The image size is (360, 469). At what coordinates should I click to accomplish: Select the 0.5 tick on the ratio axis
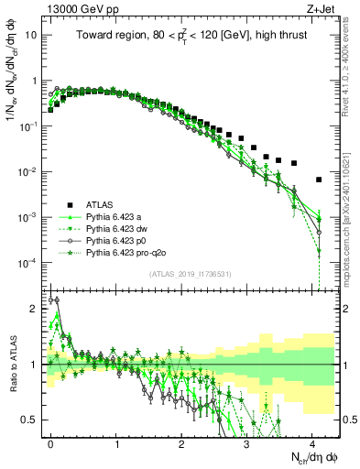click(33, 420)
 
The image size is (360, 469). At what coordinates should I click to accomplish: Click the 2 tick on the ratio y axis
click(37, 309)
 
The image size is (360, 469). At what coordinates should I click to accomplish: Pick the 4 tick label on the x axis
click(311, 442)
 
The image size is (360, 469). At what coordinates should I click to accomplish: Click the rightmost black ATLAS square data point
click(318, 180)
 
